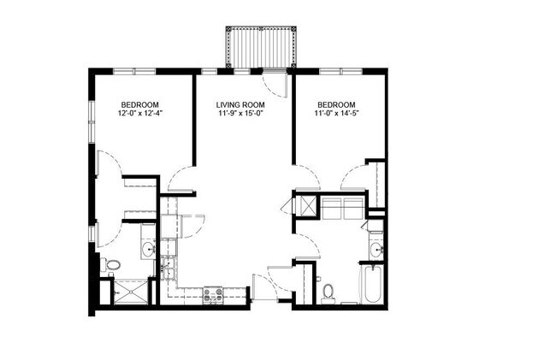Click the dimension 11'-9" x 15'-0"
click(x=242, y=112)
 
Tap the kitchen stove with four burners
click(x=213, y=294)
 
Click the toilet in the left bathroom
click(x=111, y=266)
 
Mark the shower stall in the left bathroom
click(x=130, y=292)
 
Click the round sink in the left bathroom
click(x=147, y=250)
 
